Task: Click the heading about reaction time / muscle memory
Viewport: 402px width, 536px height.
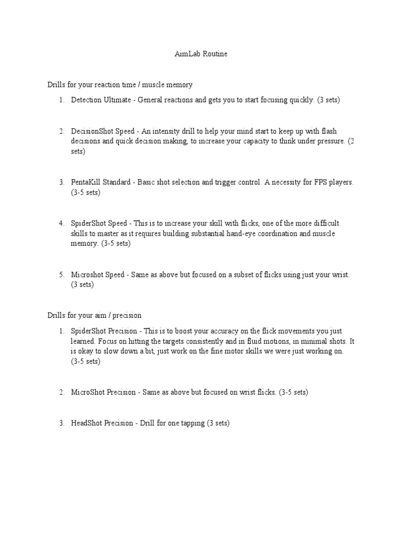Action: click(120, 84)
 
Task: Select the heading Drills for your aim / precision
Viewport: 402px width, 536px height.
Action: click(94, 315)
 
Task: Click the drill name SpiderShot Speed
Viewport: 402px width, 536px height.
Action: click(98, 223)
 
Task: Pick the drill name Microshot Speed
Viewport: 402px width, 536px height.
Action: click(98, 274)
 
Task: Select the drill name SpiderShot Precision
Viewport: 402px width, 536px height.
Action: click(103, 331)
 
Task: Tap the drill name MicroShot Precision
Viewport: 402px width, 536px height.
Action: click(103, 393)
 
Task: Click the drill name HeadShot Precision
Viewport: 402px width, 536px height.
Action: click(102, 423)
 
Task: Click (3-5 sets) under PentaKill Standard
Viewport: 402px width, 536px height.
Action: click(86, 192)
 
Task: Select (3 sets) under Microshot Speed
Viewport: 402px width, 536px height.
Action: click(82, 285)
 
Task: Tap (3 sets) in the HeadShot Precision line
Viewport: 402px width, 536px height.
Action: click(218, 423)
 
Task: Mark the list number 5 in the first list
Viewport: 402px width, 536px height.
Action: click(61, 274)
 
